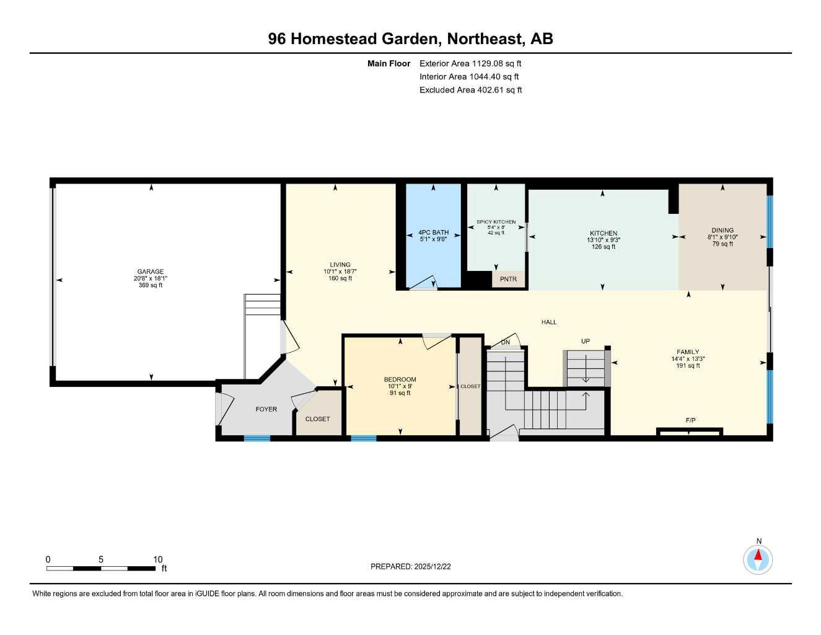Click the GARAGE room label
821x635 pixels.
151,272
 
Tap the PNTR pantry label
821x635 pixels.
508,280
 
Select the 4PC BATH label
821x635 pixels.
434,233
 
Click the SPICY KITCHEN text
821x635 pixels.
496,222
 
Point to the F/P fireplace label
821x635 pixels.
690,420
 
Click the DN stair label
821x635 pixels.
506,342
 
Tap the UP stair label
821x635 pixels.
586,341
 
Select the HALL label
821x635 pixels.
549,322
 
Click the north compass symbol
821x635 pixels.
758,559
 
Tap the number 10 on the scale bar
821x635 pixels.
158,559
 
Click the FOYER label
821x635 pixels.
266,409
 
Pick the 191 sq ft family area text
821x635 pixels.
688,366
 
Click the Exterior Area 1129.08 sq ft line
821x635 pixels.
470,63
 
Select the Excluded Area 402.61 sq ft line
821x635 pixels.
470,90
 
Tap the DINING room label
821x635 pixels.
722,230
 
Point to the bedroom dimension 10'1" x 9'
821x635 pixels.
400,386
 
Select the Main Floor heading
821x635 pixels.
389,63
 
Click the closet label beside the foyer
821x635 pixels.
317,419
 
